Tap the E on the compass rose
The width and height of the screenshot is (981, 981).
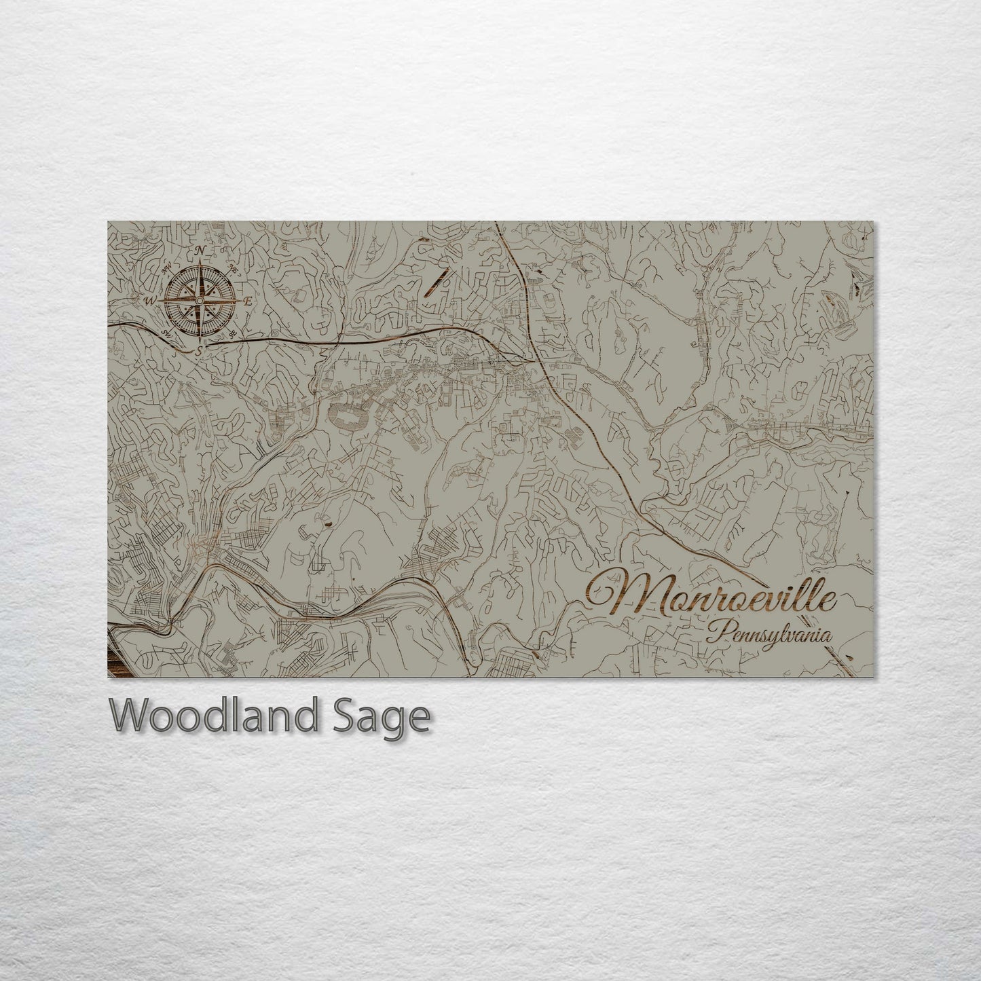[x=248, y=301]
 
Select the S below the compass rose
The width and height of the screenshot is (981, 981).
[x=199, y=352]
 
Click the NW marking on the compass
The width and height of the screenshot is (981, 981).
[x=166, y=267]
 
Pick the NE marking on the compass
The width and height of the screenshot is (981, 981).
[x=234, y=267]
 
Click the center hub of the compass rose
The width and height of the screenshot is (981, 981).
[x=200, y=301]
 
